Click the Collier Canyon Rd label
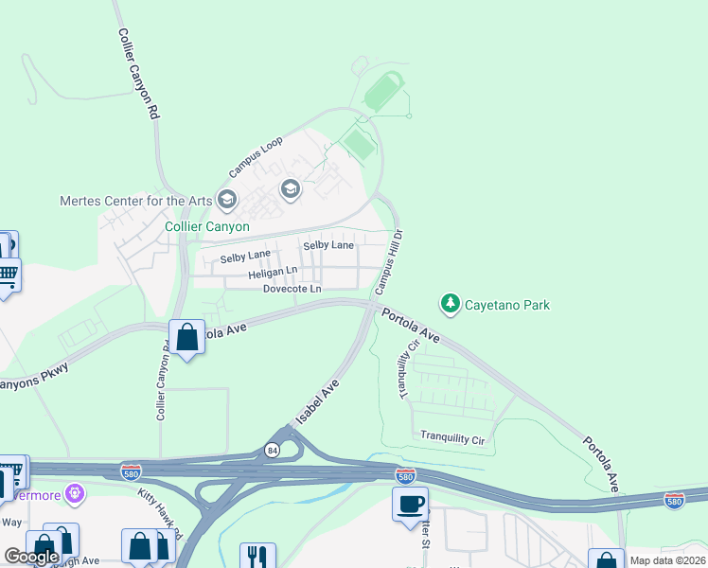[x=138, y=72]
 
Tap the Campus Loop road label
[x=256, y=159]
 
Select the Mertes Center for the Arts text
[x=135, y=201]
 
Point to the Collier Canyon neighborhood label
[x=207, y=226]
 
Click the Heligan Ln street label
[x=246, y=273]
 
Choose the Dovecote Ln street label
[x=292, y=289]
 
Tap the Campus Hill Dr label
[x=388, y=259]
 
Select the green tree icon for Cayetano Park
[x=451, y=304]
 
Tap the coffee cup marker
[x=411, y=504]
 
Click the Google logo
[x=32, y=557]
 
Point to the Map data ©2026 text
[x=666, y=560]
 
